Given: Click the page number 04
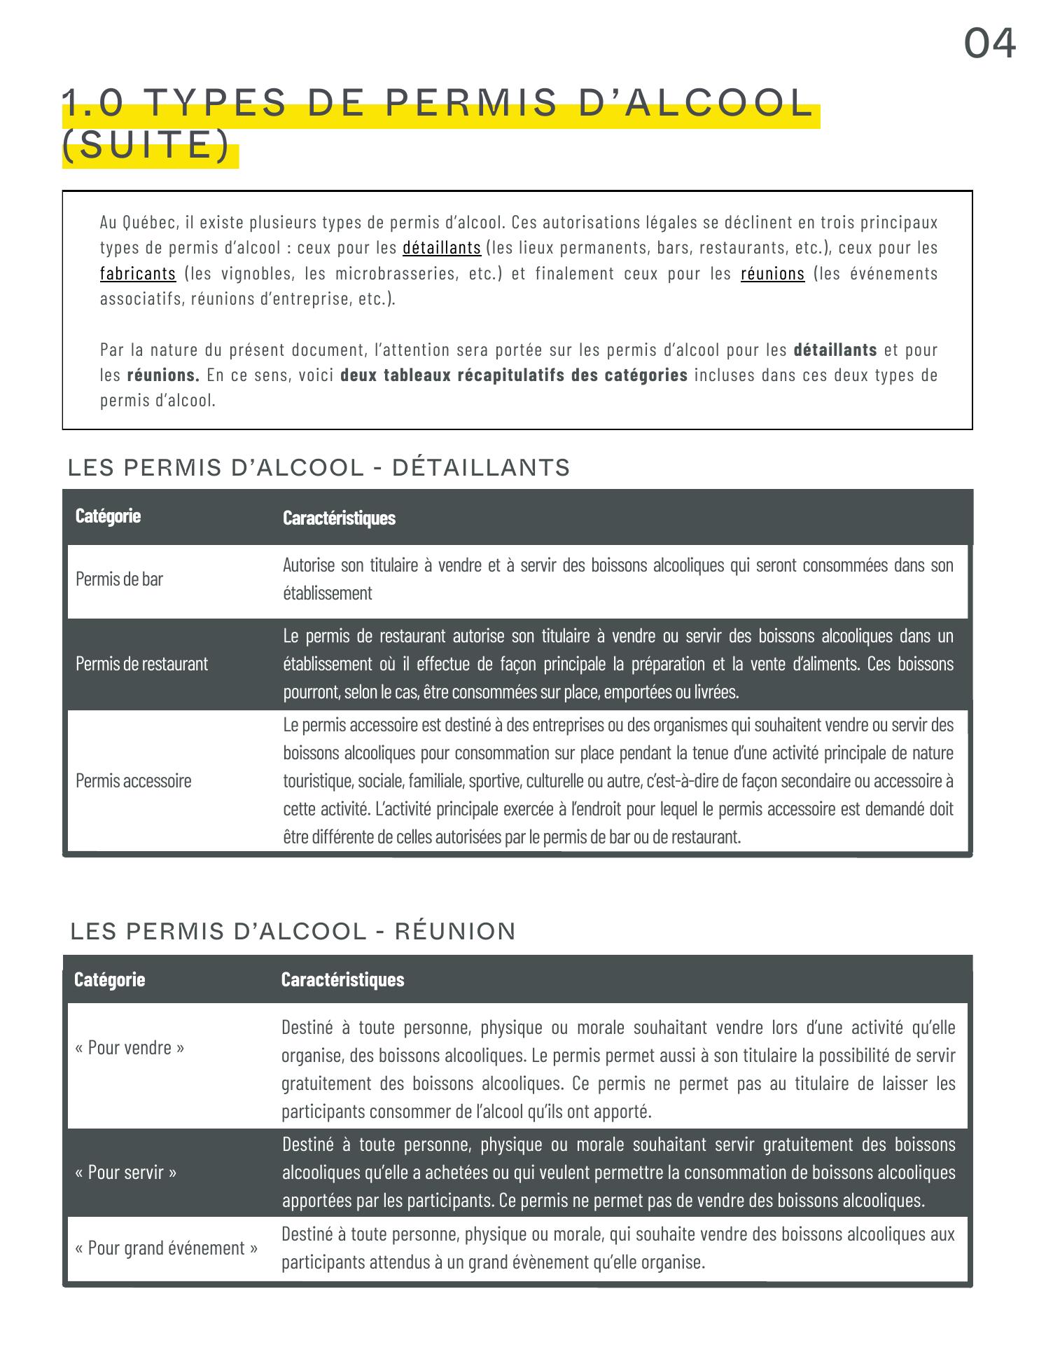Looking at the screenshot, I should tap(989, 43).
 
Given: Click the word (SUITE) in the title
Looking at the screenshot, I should tap(146, 145).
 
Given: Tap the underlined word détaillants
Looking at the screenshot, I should tap(442, 248).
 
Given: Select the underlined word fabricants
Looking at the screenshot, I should tap(138, 273).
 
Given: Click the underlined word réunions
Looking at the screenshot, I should tap(772, 273).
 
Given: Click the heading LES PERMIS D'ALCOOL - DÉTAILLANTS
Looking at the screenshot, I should tap(319, 467).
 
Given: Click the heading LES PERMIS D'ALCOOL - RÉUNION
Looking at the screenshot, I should tap(293, 931).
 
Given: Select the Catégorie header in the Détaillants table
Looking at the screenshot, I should tap(109, 516).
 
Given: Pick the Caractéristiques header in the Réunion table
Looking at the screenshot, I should tap(342, 979).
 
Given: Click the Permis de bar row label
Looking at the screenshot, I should tap(119, 579).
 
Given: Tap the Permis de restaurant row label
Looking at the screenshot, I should tap(141, 663).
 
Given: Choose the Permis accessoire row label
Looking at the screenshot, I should tap(133, 780).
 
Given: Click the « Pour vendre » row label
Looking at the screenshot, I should tap(130, 1048).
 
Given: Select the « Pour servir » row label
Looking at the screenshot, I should tap(126, 1172).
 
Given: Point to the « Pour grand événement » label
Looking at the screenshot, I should tap(166, 1248).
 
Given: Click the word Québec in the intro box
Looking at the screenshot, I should tap(153, 223).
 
